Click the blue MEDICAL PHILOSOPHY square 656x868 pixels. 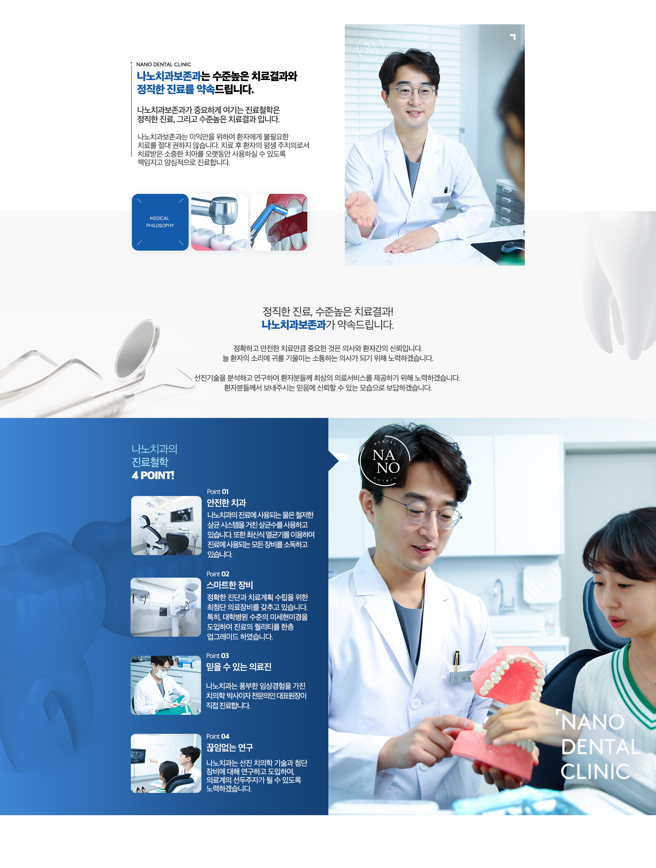(x=160, y=222)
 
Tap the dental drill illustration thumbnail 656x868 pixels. (x=219, y=222)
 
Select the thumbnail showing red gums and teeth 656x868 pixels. (x=279, y=222)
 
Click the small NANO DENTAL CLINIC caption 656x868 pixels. (x=164, y=64)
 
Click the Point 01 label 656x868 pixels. (x=218, y=492)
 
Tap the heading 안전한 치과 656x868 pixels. (x=226, y=503)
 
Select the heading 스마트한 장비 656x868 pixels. (x=230, y=585)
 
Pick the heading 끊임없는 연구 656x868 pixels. (x=230, y=748)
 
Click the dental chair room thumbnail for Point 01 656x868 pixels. (x=166, y=526)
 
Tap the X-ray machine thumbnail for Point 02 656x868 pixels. (x=166, y=607)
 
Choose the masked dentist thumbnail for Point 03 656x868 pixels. (x=166, y=685)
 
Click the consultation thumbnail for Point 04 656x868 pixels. (x=166, y=763)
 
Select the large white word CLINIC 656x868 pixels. (x=595, y=772)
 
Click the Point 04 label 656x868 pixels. (x=218, y=736)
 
